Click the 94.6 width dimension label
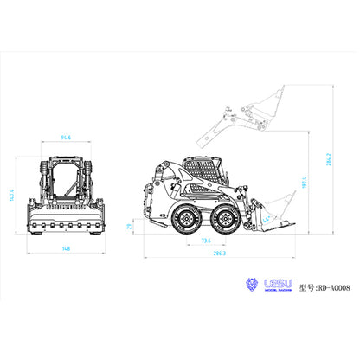pos(66,137)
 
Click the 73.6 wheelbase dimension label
pos(206,241)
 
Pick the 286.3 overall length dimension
pos(218,254)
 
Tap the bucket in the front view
pos(66,224)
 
